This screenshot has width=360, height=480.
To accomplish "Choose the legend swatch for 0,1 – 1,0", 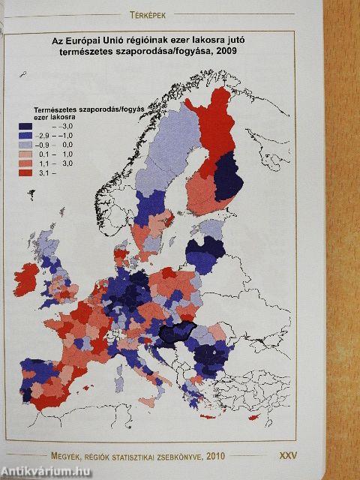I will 28,154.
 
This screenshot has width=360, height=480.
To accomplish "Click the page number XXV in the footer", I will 289,454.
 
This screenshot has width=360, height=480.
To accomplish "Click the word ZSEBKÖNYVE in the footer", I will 194,454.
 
